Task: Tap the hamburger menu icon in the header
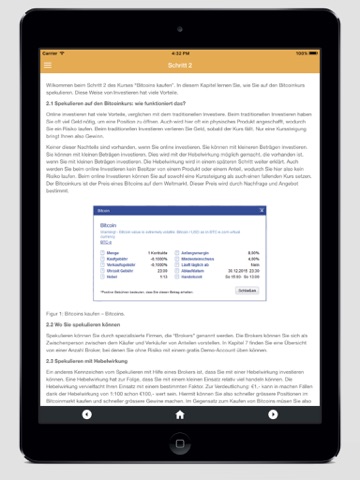(x=47, y=65)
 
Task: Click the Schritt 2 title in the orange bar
(x=180, y=65)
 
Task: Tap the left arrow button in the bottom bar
(x=87, y=413)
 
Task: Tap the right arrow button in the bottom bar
(x=273, y=413)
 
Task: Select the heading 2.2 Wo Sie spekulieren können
(x=90, y=323)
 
